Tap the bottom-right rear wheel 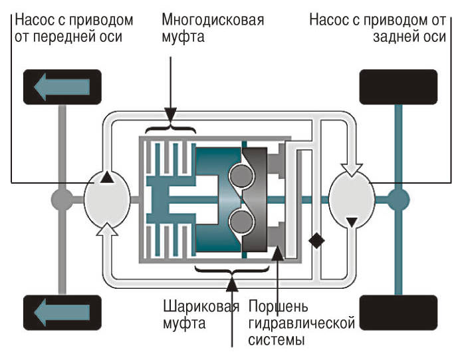click(x=397, y=311)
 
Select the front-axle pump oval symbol click(x=107, y=198)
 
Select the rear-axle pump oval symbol click(x=352, y=198)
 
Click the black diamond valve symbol click(x=317, y=241)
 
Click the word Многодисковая click(x=213, y=19)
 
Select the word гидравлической click(x=301, y=324)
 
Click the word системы click(x=276, y=341)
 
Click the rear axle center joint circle click(x=399, y=198)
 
